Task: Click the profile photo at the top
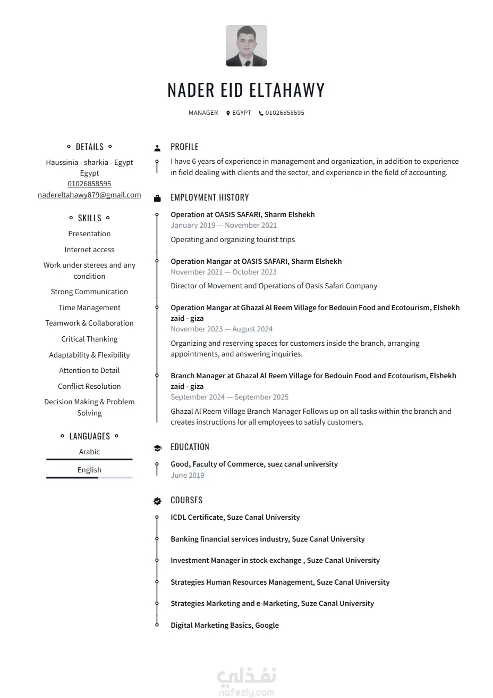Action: click(246, 46)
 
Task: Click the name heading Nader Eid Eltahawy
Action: click(246, 90)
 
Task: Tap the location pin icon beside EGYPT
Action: click(228, 113)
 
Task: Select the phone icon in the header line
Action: click(261, 113)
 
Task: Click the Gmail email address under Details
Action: click(89, 195)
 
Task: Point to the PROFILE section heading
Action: click(184, 147)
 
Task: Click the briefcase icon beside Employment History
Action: click(157, 198)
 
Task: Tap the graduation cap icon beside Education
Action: click(157, 448)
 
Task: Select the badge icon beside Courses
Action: click(157, 501)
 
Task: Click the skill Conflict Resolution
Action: click(89, 386)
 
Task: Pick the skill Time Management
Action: click(89, 308)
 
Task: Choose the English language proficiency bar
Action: click(89, 478)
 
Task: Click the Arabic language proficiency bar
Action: click(89, 460)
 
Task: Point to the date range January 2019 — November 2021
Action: click(224, 225)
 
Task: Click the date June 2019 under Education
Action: click(188, 475)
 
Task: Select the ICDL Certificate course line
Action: click(235, 517)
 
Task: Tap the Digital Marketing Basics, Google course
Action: click(224, 625)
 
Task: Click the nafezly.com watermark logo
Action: click(246, 683)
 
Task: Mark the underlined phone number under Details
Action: click(89, 184)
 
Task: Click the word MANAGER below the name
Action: click(203, 113)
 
